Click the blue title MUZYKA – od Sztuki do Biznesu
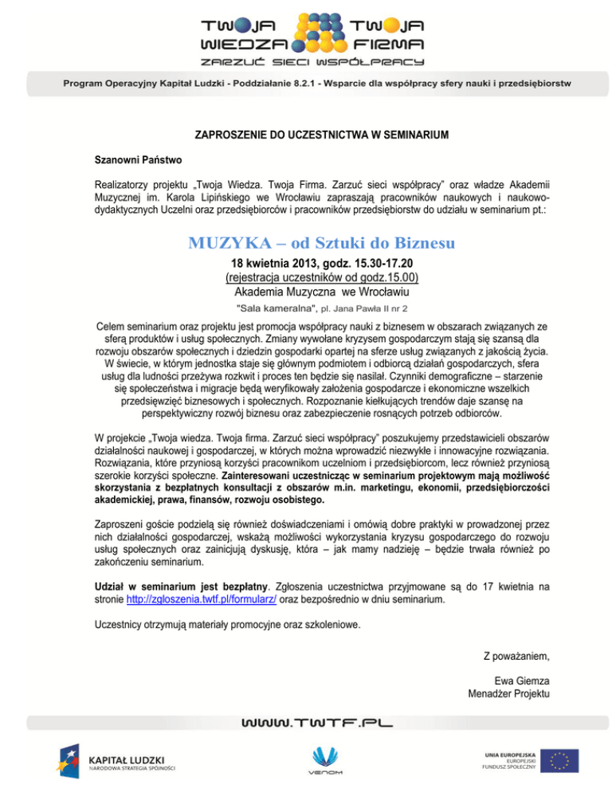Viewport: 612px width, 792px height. pyautogui.click(x=305, y=240)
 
